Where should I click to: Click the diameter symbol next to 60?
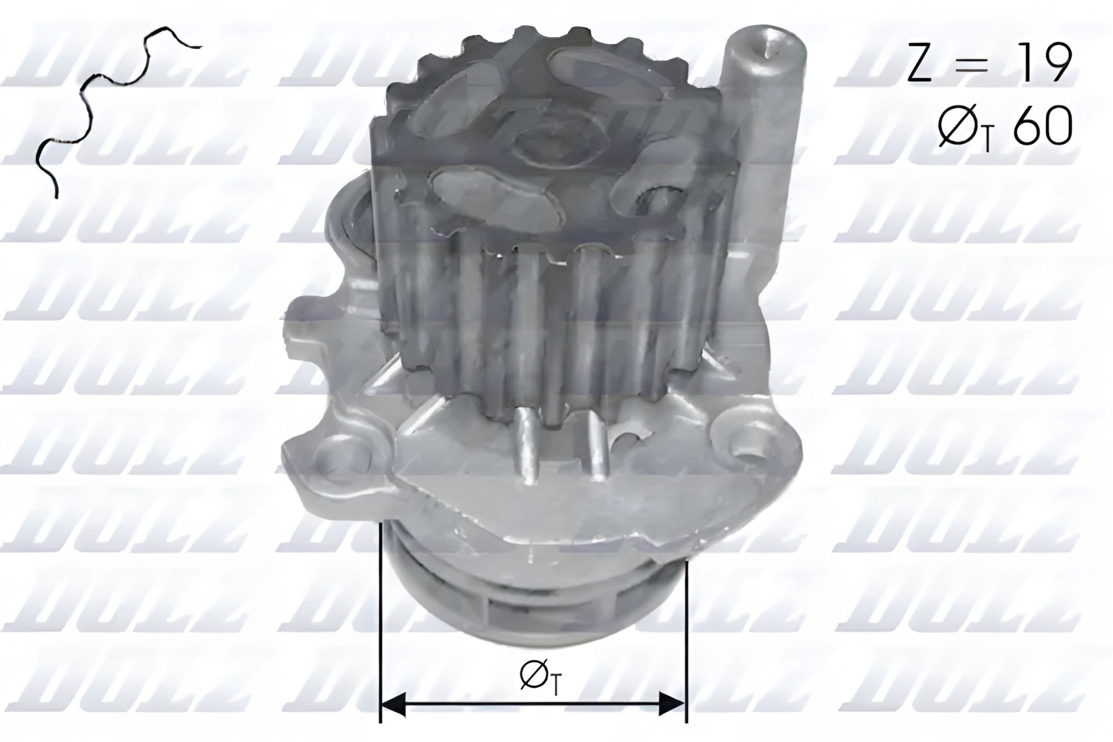(x=955, y=126)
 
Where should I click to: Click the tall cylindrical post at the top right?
(x=765, y=116)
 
